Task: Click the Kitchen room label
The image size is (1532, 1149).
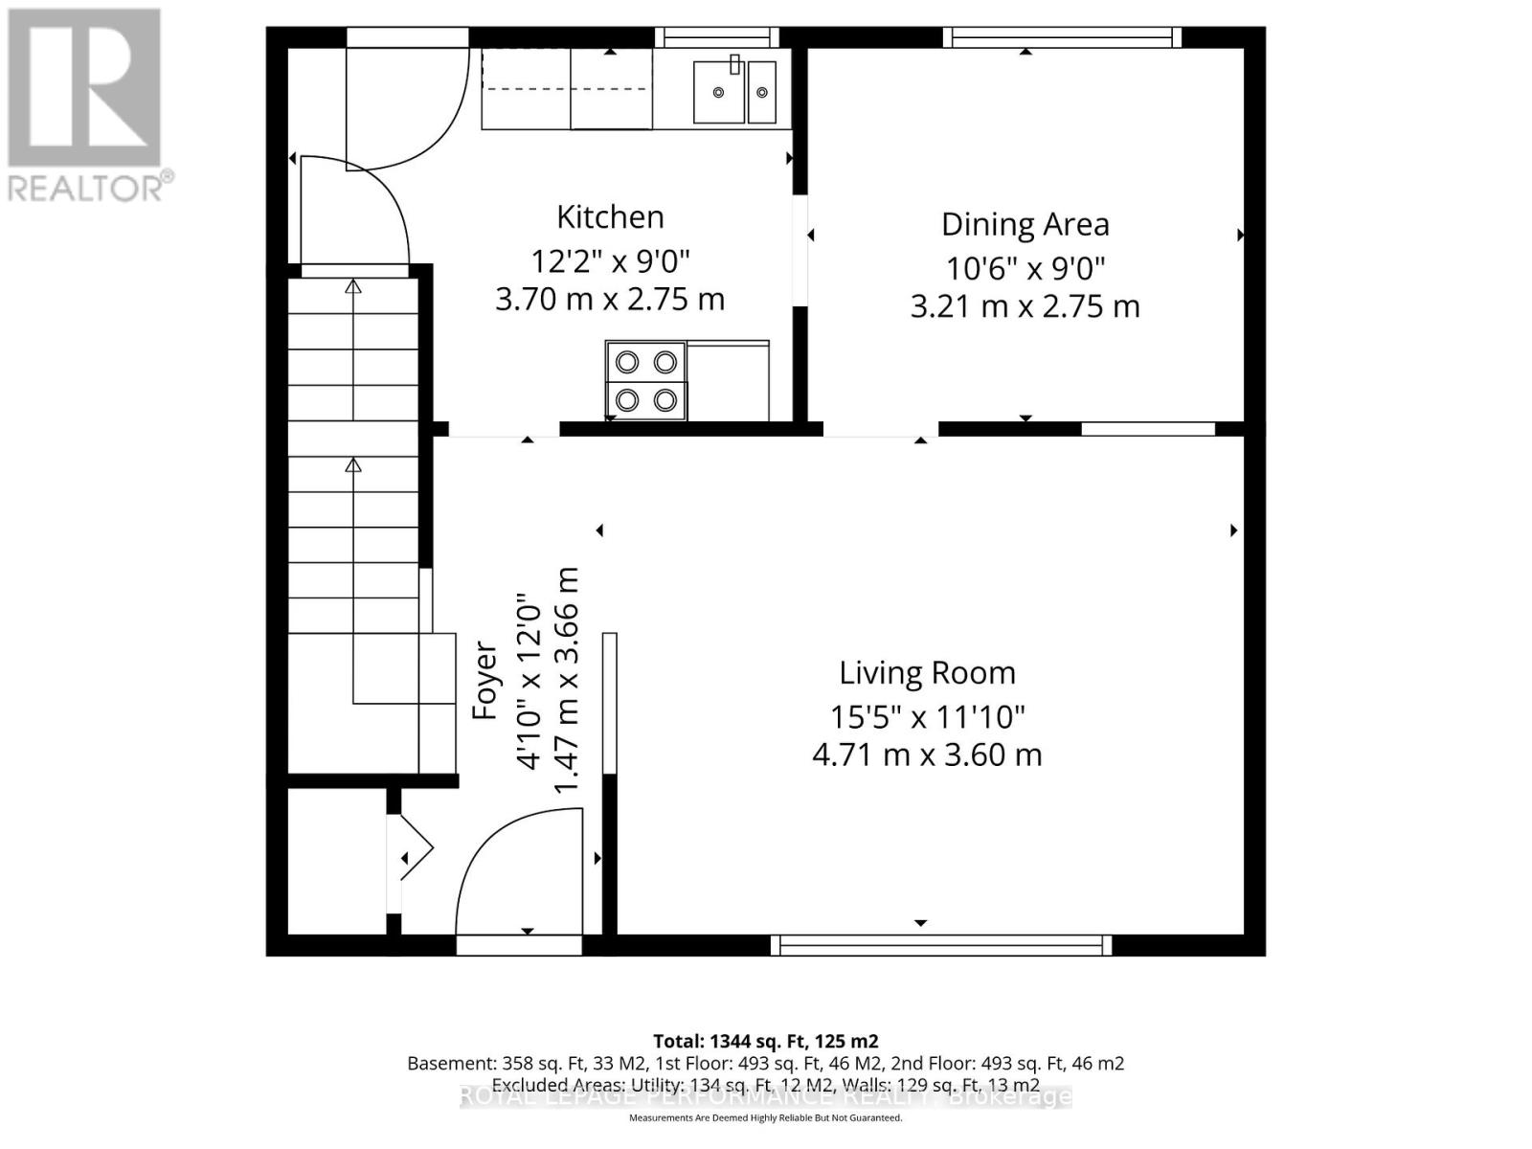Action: pos(610,217)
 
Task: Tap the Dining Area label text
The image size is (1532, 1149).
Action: pos(1025,224)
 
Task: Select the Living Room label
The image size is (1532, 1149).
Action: pos(927,673)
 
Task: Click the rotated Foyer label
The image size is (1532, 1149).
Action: pos(486,681)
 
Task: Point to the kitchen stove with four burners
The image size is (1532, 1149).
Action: pos(645,380)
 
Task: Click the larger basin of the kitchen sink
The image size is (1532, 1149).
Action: pos(718,92)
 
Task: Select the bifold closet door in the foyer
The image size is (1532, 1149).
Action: pos(414,848)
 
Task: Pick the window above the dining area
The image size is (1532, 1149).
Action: pos(1062,37)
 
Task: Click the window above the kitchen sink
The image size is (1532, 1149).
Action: pos(717,37)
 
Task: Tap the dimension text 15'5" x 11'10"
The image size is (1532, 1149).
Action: pos(927,716)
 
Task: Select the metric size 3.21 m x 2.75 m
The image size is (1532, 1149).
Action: pos(1025,307)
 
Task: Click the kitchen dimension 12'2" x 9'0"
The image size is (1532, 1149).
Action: pos(610,259)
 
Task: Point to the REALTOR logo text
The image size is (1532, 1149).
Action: pos(91,187)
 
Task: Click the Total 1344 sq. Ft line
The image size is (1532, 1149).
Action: pos(765,1041)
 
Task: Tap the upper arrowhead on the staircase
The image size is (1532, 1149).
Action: pos(353,285)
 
